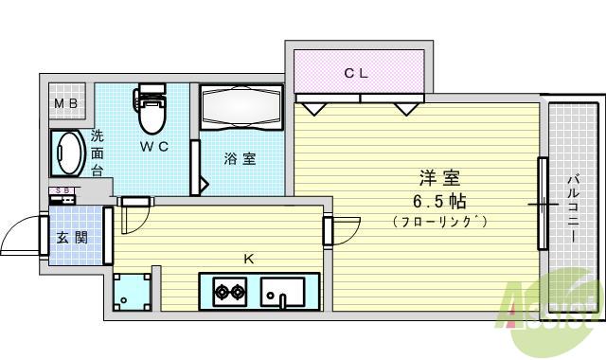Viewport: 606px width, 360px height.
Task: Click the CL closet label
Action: (355, 71)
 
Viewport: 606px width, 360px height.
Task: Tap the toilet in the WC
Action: (151, 113)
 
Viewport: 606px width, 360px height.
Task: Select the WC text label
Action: (154, 147)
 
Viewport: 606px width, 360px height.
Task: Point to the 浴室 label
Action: (240, 158)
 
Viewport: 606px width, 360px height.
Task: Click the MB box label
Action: (65, 102)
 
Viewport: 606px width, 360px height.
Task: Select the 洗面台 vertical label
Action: (98, 153)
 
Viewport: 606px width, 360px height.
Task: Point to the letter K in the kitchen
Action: (249, 257)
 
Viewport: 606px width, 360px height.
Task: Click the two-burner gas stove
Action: (227, 291)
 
